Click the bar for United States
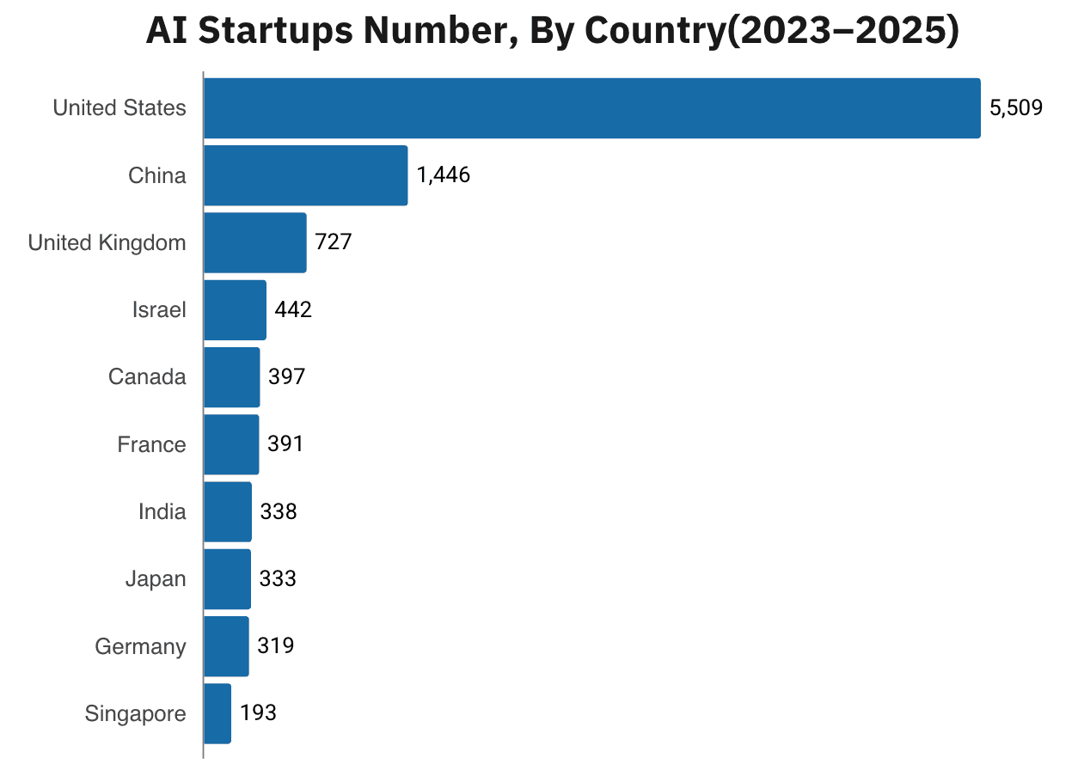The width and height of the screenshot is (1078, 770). (591, 108)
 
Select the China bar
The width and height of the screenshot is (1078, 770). (305, 175)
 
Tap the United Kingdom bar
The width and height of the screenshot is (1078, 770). (254, 242)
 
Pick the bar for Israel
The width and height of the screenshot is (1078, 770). (235, 310)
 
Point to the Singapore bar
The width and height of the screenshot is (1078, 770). (217, 713)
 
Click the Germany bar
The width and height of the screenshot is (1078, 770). (226, 646)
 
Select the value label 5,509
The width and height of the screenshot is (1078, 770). (1016, 108)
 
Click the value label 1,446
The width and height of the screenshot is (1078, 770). (444, 175)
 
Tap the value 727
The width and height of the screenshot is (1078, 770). (334, 242)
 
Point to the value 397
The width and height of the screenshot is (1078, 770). (286, 377)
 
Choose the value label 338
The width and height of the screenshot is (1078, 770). (279, 512)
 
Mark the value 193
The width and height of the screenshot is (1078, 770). (259, 713)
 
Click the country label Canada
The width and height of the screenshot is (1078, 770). (147, 377)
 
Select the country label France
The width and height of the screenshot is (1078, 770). (151, 444)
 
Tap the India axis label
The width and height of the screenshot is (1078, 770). (162, 512)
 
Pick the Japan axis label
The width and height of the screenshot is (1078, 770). (156, 579)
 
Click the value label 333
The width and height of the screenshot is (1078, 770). (278, 579)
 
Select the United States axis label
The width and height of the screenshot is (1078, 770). (119, 108)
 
